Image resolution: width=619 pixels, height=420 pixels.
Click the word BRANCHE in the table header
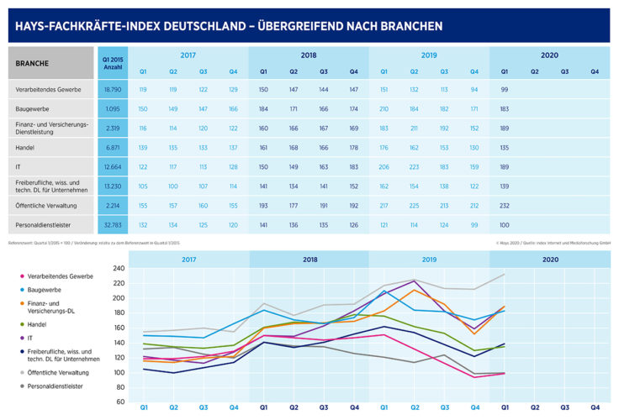click(x=32, y=63)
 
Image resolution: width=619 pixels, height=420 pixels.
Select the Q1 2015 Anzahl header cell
click(x=113, y=63)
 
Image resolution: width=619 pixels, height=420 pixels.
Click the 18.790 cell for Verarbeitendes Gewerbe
click(x=113, y=88)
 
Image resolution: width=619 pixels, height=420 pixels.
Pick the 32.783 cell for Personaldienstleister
click(x=113, y=224)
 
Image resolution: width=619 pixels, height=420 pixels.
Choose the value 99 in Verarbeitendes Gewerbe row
click(x=505, y=88)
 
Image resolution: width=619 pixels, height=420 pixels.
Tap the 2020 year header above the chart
click(x=549, y=260)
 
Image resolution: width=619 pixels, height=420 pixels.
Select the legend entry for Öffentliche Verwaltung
click(x=62, y=370)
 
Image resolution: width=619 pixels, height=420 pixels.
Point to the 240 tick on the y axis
click(x=118, y=269)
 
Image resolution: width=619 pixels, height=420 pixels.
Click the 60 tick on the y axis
click(x=120, y=402)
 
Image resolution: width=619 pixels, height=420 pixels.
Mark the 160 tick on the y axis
click(x=118, y=328)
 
